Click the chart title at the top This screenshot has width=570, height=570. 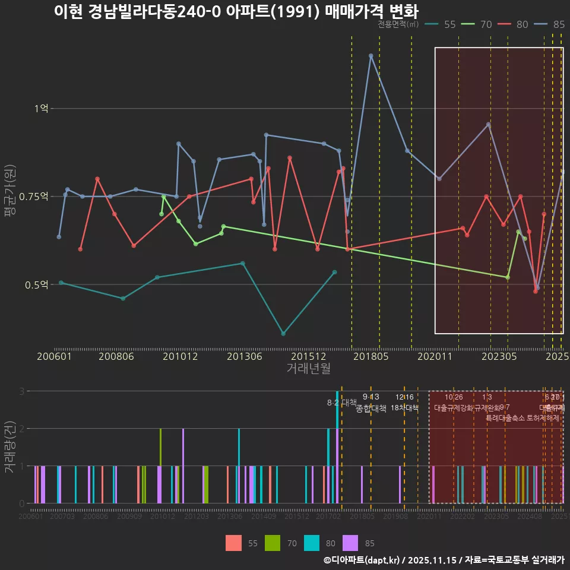pos(236,11)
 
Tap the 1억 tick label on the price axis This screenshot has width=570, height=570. pos(41,109)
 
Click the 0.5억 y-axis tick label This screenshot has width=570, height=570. pos(37,284)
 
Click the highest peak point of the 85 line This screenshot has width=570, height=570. pos(370,56)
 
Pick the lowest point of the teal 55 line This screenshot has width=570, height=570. pos(283,334)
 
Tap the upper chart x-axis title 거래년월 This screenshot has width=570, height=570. pos(308,368)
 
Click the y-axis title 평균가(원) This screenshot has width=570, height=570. pos(9,197)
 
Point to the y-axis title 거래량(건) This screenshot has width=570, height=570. pos(9,446)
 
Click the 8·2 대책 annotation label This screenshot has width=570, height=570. pos(341,403)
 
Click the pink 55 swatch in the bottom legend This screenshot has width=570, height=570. pos(233,543)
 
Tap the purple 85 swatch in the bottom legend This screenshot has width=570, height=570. pos(351,543)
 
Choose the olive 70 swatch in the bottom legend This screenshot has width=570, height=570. pos(273,543)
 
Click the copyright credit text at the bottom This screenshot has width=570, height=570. pos(444,560)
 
